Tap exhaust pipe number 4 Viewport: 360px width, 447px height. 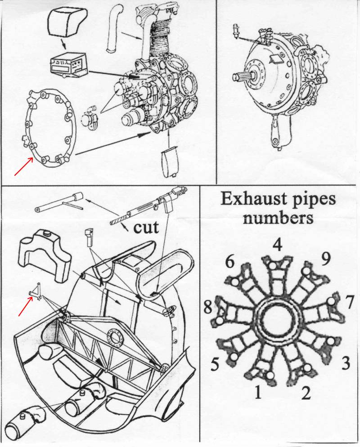click(x=274, y=265)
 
